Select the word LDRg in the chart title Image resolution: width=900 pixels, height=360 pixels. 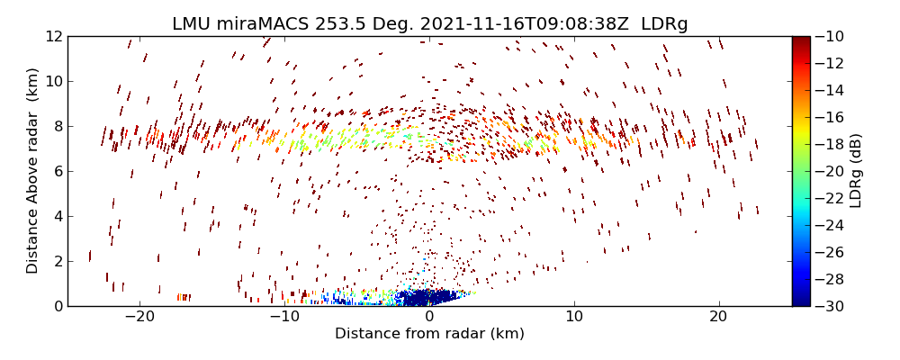[664, 24]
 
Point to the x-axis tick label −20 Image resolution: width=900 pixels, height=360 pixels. [139, 317]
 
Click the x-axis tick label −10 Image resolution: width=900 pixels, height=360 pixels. [284, 317]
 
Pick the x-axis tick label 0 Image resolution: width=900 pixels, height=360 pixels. [429, 317]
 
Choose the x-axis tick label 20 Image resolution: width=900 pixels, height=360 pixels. [718, 317]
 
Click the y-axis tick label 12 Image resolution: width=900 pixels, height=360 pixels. [53, 36]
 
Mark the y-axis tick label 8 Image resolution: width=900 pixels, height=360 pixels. [57, 126]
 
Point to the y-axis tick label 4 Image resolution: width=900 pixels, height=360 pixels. [57, 216]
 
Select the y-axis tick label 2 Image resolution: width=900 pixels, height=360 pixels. [57, 261]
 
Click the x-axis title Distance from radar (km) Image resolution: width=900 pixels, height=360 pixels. [429, 334]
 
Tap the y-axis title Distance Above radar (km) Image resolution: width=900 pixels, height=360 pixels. [32, 171]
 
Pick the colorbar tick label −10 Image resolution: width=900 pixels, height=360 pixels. [832, 36]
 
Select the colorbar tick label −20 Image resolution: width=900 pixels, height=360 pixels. [832, 171]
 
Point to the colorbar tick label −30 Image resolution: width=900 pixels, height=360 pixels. [832, 306]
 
